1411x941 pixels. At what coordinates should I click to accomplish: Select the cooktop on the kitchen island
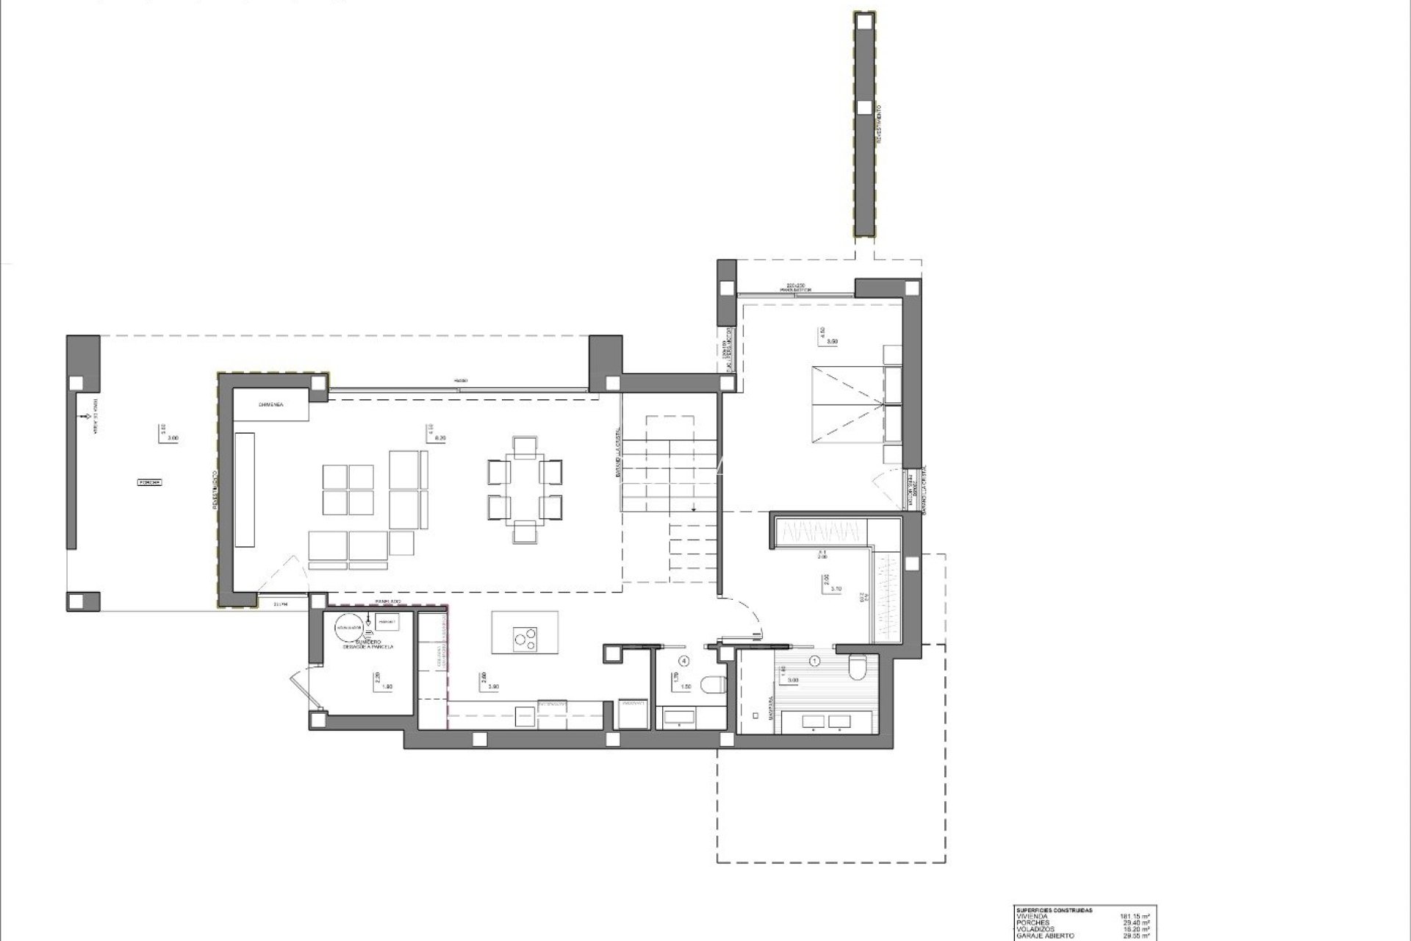(x=525, y=637)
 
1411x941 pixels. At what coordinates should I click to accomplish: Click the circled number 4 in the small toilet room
(x=685, y=661)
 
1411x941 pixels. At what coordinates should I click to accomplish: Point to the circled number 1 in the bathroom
(x=814, y=661)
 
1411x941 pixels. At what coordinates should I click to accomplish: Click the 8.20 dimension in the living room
(x=441, y=438)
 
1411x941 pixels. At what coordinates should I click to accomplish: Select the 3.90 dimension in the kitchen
(x=494, y=687)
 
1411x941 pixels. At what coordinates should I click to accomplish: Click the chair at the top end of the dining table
(x=525, y=446)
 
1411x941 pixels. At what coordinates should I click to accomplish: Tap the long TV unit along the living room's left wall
(x=245, y=489)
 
